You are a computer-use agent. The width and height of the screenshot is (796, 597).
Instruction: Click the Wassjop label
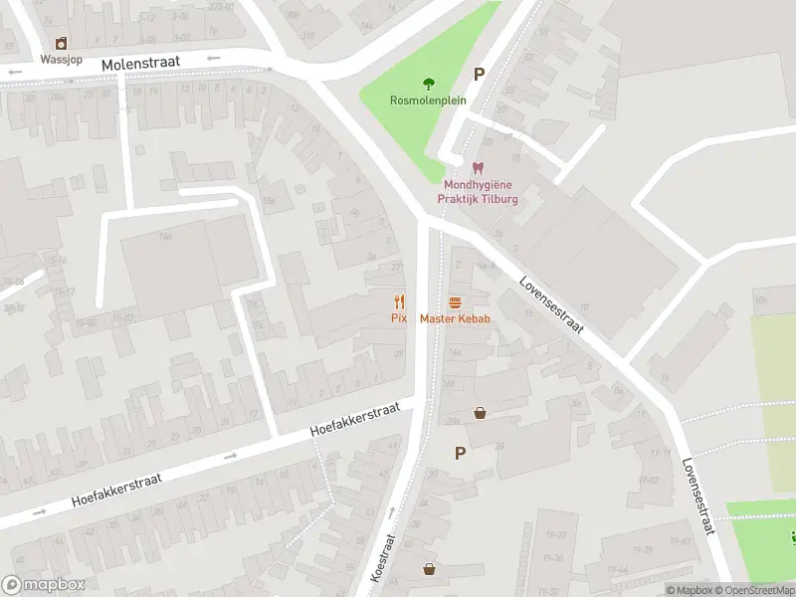click(61, 59)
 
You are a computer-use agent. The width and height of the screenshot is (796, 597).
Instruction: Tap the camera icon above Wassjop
click(61, 43)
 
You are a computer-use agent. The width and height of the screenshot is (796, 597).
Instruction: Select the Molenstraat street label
click(140, 63)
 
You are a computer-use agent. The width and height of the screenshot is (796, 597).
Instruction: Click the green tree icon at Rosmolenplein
click(429, 84)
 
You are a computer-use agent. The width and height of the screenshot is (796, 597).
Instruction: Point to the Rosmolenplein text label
click(428, 99)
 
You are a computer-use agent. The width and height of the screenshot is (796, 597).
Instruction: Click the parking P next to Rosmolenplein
click(479, 75)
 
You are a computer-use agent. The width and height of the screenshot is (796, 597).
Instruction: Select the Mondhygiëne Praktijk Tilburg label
click(479, 191)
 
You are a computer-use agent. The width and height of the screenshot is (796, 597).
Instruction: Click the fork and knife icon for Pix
click(400, 300)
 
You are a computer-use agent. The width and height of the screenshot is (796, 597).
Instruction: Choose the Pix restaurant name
click(399, 317)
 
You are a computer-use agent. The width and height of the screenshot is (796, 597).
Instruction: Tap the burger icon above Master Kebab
click(456, 301)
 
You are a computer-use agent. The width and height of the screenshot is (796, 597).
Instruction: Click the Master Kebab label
click(455, 317)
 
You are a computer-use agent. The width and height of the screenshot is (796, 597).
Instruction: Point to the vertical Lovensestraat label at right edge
click(698, 496)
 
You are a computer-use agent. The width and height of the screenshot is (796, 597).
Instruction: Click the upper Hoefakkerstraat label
click(354, 419)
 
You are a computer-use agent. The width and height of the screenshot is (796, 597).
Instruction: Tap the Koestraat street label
click(383, 557)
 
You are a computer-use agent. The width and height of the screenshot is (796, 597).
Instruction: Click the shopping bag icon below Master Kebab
click(480, 412)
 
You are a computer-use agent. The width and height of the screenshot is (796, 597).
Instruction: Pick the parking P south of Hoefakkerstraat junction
click(460, 453)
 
